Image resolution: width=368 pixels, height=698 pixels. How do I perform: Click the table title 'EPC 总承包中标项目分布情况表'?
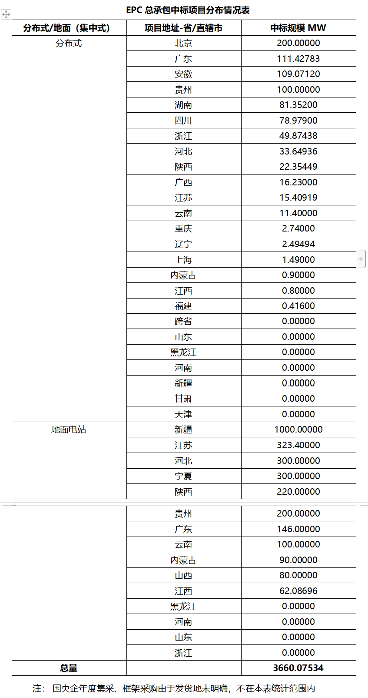[x=188, y=10]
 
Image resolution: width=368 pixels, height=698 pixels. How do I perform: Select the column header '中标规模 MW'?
[x=298, y=28]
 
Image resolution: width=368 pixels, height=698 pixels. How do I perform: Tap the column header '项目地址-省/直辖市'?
[x=183, y=28]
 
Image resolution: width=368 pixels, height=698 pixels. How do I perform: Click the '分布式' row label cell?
[x=69, y=43]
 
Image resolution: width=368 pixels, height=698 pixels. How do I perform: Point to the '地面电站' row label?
[x=69, y=430]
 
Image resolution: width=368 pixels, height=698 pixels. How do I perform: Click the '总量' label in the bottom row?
[x=69, y=668]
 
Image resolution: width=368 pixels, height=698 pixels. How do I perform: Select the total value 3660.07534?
[x=298, y=668]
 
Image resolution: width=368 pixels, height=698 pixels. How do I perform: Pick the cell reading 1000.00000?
[x=298, y=430]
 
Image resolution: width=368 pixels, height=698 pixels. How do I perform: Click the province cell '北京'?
[x=183, y=43]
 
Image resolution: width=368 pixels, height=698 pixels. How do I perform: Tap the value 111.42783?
[x=298, y=59]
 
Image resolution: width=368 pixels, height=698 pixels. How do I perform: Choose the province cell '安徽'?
[x=183, y=74]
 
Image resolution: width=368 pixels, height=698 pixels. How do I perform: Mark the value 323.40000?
[x=298, y=445]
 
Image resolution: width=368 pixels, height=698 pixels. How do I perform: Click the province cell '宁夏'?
[x=183, y=476]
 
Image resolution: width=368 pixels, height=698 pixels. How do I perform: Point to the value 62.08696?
[x=298, y=591]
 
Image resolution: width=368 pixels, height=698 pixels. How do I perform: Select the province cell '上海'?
[x=183, y=260]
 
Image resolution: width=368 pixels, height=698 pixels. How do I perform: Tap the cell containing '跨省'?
[x=183, y=321]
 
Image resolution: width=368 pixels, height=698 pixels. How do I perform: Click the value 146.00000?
[x=298, y=529]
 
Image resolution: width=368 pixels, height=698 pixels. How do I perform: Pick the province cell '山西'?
[x=183, y=575]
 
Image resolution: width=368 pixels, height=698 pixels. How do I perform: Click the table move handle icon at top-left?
[x=6, y=14]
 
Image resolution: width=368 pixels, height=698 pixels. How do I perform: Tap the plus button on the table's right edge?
[x=361, y=259]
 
